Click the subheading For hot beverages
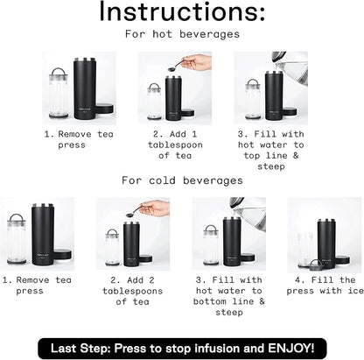pos(182,34)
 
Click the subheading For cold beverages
pos(182,180)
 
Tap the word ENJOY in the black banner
pos(291,349)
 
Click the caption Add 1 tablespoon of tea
pos(175,145)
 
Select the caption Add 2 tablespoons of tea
pos(132,291)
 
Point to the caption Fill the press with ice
pos(325,286)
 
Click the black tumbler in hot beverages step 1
pos(85,88)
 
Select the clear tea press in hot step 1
pos(59,93)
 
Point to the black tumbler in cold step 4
pos(326,243)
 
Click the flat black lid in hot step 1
pos(104,109)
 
